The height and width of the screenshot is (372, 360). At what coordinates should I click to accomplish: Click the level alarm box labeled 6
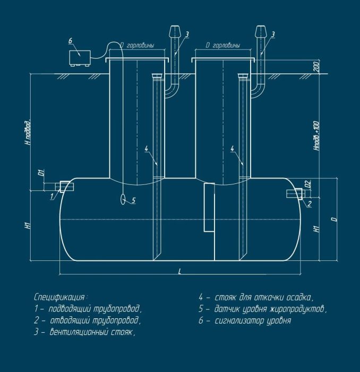80,58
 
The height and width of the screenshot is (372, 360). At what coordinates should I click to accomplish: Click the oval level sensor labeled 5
123,199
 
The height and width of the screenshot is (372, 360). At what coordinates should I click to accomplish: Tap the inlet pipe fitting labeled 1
64,187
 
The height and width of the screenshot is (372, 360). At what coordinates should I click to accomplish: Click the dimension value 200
316,66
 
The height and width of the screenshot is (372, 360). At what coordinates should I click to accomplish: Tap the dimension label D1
42,173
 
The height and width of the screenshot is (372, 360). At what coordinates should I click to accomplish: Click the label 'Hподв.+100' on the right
316,136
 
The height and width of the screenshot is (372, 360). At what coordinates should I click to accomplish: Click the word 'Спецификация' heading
59,297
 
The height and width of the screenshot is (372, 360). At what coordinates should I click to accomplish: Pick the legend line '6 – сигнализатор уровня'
245,321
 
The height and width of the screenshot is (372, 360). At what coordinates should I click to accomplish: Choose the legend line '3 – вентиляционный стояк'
84,332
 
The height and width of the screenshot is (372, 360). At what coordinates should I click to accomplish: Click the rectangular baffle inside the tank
209,207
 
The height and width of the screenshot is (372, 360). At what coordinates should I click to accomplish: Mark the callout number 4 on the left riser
146,149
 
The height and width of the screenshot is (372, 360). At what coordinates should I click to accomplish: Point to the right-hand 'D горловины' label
222,45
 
